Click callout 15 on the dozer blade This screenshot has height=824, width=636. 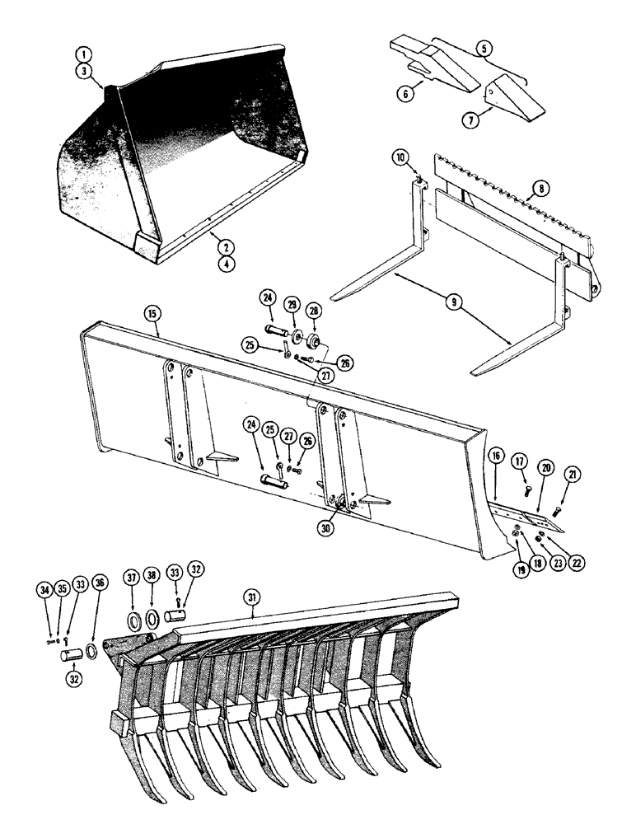[152, 314]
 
